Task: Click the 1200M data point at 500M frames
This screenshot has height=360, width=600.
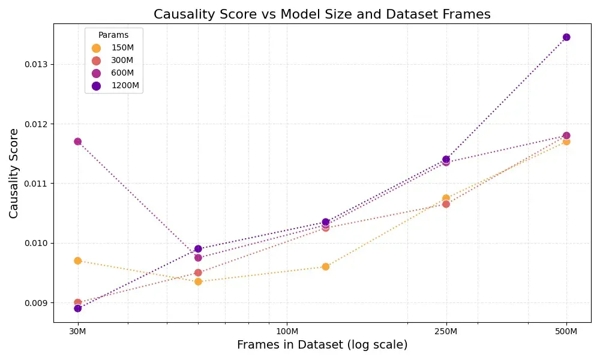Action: (566, 37)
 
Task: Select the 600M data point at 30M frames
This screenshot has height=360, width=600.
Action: (77, 142)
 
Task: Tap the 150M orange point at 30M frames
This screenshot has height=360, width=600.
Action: (77, 261)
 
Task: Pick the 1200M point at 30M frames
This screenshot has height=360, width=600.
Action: (77, 308)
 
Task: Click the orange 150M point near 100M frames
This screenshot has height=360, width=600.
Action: (326, 266)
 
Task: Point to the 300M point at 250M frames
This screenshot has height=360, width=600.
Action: (446, 204)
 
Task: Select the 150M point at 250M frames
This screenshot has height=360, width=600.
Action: (446, 198)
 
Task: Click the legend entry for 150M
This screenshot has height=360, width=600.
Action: (113, 48)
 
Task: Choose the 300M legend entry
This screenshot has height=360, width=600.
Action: (113, 61)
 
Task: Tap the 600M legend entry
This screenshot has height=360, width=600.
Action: (113, 73)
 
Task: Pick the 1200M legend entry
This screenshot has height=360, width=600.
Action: (116, 86)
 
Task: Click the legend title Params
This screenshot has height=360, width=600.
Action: (113, 35)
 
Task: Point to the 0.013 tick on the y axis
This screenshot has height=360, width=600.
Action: (38, 64)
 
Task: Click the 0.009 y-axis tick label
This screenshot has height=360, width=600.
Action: (38, 303)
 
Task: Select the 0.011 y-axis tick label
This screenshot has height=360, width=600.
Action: (38, 184)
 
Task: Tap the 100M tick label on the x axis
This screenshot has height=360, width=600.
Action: (287, 331)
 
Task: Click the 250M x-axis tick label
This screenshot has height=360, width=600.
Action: (446, 331)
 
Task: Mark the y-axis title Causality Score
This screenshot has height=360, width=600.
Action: (13, 173)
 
